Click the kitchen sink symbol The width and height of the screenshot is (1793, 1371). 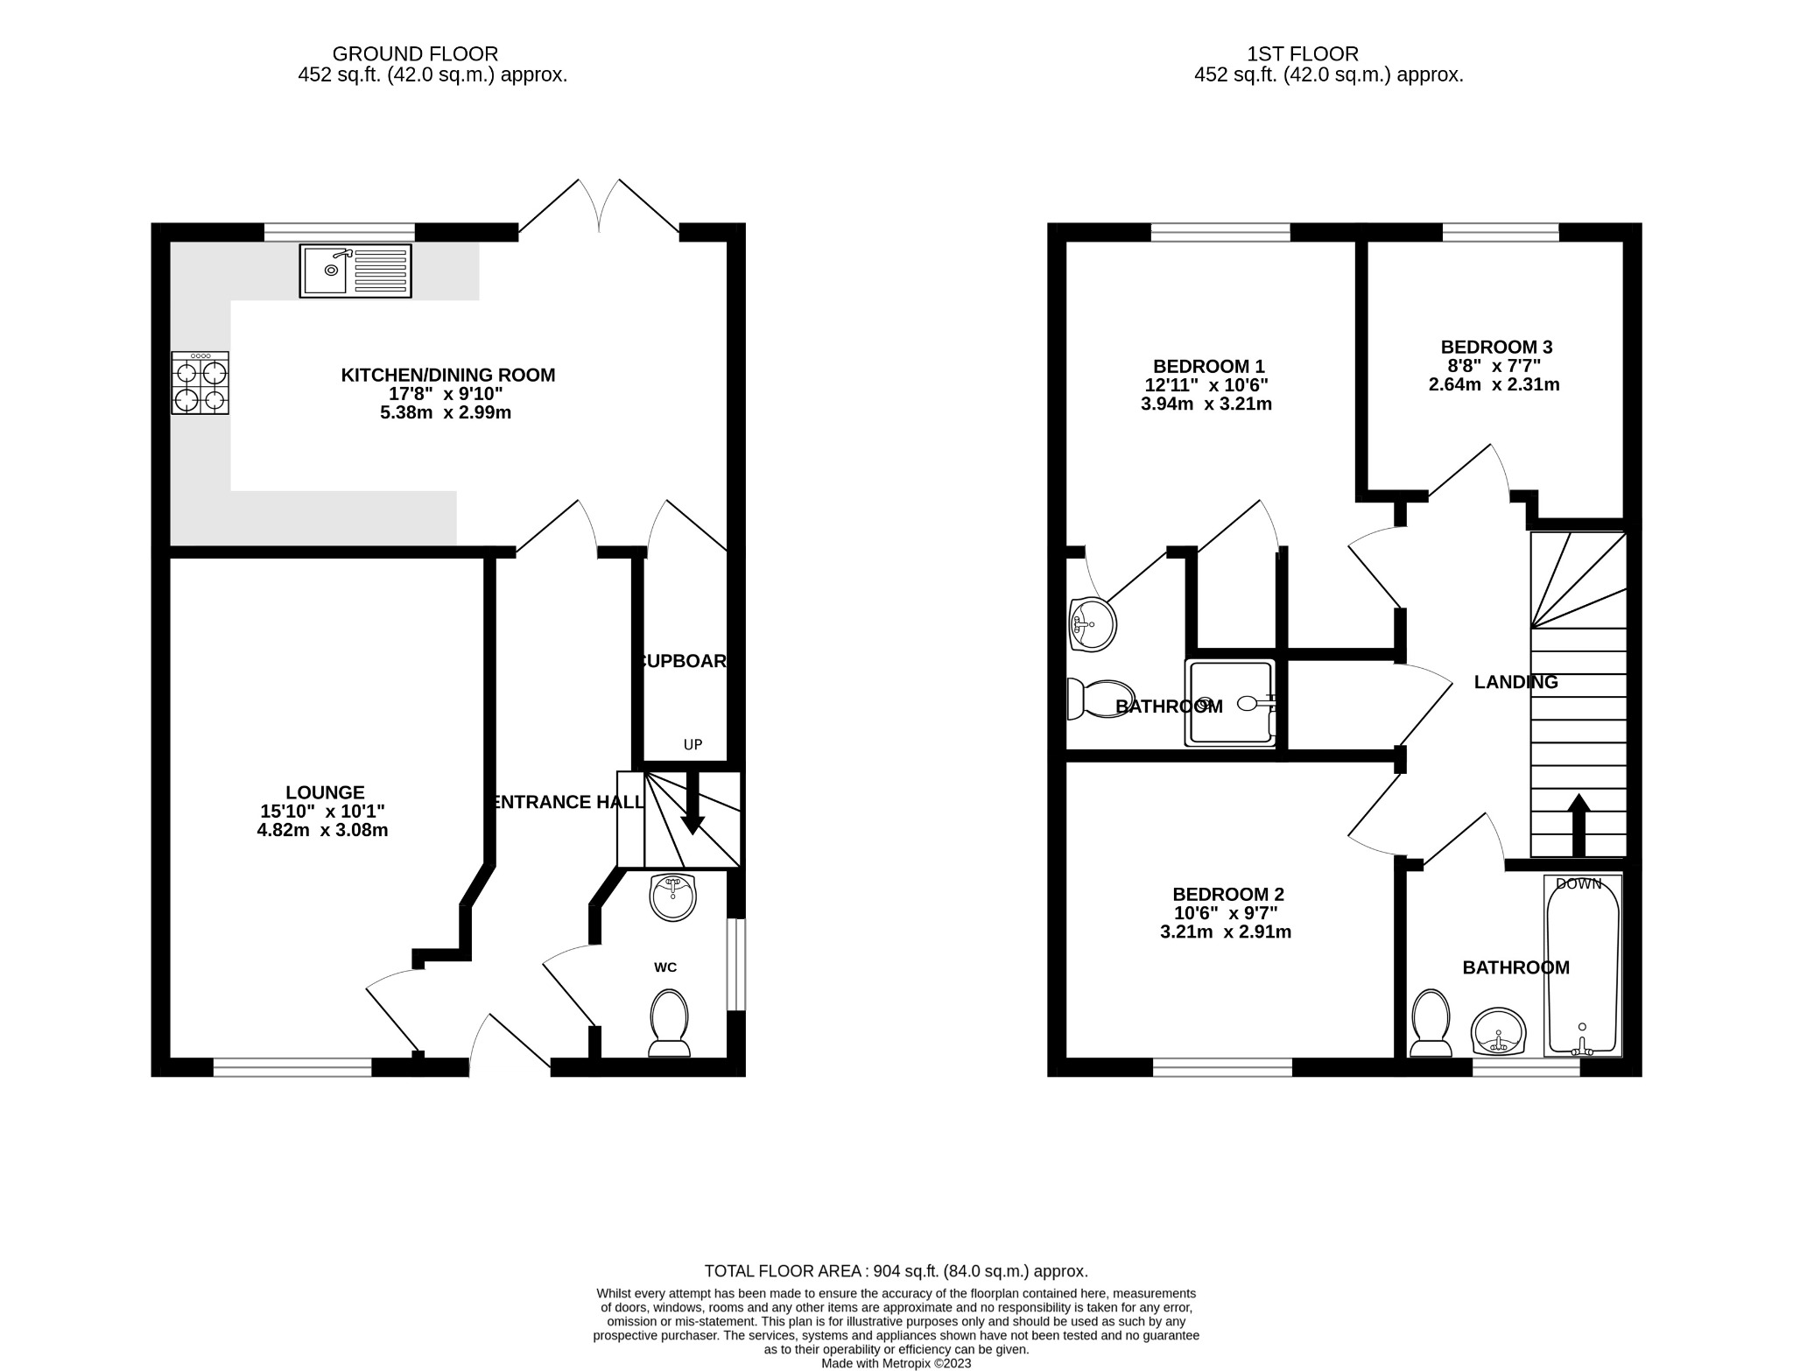coord(355,271)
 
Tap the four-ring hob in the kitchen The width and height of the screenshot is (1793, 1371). coord(200,383)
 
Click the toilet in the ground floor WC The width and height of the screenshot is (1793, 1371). coord(669,1023)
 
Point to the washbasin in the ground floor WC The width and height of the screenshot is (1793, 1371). coord(673,897)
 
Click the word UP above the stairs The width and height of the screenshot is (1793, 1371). coord(693,745)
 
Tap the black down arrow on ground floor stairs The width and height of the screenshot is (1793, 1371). coord(693,805)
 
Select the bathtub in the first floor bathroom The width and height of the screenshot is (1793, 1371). coord(1582,967)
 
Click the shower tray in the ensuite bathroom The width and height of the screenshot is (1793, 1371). coord(1230,703)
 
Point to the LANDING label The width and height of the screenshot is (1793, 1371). coord(1515,682)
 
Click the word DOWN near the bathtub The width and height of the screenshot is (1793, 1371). coord(1579,884)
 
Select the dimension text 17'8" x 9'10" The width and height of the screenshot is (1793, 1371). coord(447,394)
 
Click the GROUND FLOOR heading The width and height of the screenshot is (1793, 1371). coord(415,54)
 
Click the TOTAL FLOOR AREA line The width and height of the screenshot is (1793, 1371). coord(896,1271)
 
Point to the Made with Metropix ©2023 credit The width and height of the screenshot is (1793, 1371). coord(896,1363)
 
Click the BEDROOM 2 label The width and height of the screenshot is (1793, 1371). coord(1227,894)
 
